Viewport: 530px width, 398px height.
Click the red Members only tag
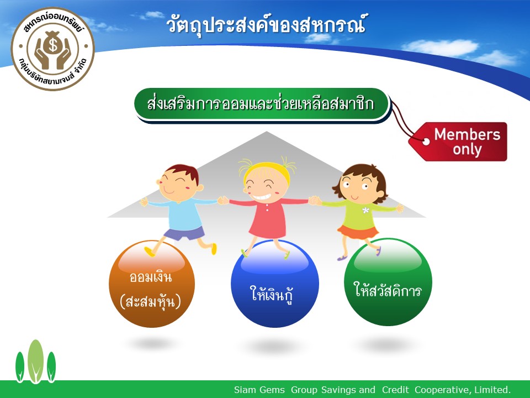(459, 142)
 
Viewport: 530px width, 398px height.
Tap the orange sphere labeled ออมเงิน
(152, 284)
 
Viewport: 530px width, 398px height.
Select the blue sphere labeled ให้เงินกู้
(274, 284)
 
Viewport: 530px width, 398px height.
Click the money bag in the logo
(53, 43)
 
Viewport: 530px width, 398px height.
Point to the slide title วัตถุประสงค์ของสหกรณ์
(266, 25)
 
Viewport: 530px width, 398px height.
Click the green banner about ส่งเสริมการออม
(263, 104)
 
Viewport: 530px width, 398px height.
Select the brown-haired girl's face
(359, 187)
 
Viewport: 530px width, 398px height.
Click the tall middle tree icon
(35, 361)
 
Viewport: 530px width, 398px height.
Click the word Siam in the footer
(243, 390)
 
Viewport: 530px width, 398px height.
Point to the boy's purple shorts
(184, 233)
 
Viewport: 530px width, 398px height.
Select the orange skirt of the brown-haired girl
(358, 232)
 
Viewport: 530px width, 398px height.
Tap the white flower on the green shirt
(365, 210)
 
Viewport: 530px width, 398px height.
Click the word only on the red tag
(467, 150)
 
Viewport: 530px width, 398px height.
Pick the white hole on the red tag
(426, 142)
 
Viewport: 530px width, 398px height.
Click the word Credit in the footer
(395, 390)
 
